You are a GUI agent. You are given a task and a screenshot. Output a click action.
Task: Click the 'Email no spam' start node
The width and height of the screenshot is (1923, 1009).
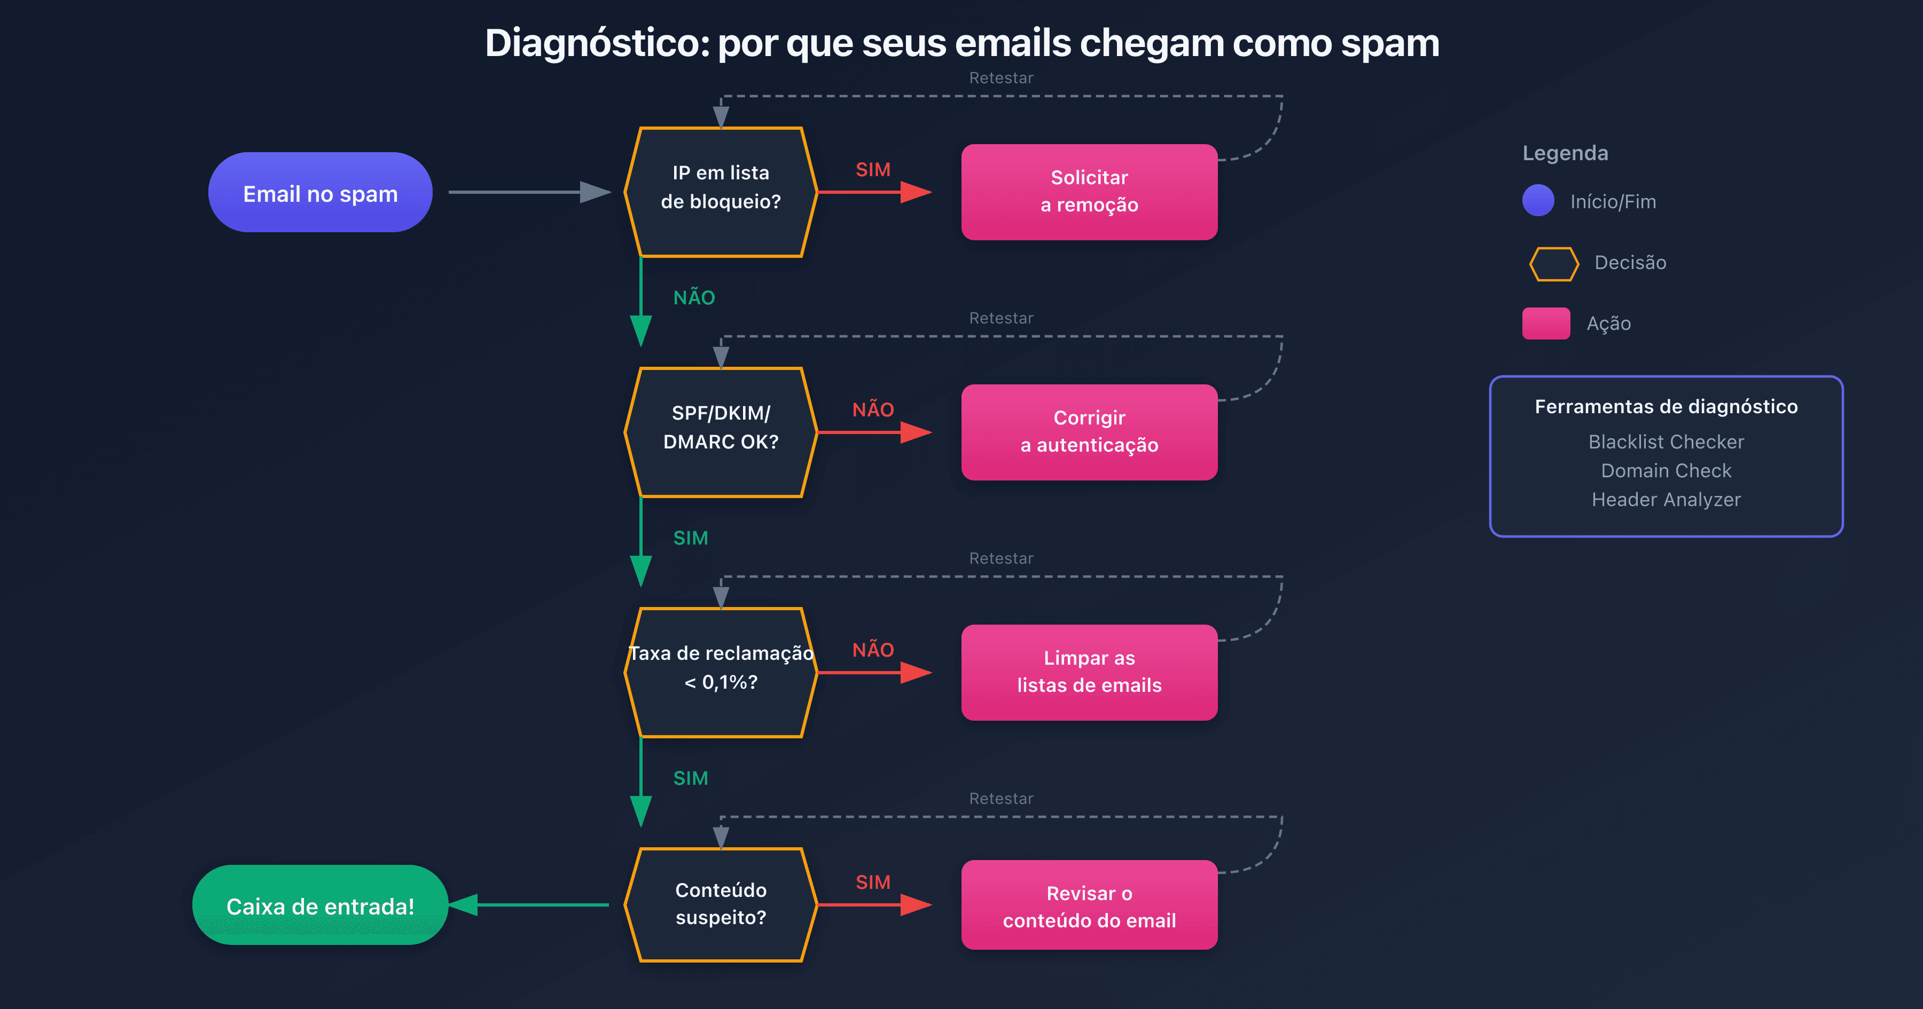point(320,193)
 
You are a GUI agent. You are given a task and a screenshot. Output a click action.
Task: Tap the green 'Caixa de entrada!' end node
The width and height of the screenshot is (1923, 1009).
point(320,905)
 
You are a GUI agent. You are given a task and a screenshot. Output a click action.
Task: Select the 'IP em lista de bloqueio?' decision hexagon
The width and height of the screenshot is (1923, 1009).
point(721,192)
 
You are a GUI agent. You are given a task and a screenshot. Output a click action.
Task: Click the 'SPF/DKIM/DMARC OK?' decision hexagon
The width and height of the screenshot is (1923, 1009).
point(721,432)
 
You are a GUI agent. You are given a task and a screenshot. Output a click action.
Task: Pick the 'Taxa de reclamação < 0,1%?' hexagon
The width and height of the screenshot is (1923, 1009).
point(721,672)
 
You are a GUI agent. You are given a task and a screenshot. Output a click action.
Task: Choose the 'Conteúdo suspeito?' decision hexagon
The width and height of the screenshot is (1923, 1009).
point(721,904)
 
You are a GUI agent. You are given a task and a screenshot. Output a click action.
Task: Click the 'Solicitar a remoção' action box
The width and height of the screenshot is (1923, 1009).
point(1089,192)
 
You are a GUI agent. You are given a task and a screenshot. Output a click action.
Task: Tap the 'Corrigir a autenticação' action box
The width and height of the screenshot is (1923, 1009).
point(1089,432)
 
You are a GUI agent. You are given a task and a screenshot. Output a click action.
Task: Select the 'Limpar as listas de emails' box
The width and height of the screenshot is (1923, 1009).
point(1089,672)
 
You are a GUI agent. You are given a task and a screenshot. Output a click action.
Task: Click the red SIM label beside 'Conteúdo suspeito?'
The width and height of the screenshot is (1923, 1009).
point(873,882)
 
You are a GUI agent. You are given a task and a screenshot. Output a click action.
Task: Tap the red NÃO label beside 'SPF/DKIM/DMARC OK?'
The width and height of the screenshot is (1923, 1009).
point(873,409)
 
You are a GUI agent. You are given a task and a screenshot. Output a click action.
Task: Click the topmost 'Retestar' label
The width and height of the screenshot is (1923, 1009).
point(1001,77)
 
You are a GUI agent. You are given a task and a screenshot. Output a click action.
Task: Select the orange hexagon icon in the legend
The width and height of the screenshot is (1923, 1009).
point(1553,263)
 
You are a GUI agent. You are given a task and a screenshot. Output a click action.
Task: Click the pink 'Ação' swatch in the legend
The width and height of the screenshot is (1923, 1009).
point(1546,323)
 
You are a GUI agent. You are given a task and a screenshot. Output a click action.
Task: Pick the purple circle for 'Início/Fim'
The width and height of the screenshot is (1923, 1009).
point(1538,201)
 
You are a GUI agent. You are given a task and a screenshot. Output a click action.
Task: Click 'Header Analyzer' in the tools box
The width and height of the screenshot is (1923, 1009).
point(1666,499)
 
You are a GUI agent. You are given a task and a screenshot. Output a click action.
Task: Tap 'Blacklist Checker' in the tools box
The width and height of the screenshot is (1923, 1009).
point(1666,442)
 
